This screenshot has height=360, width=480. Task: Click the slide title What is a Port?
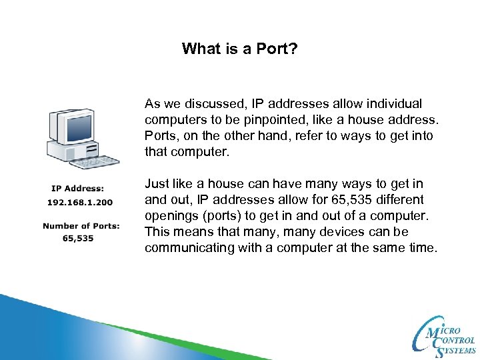coord(239,49)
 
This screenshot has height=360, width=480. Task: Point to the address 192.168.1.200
coord(79,201)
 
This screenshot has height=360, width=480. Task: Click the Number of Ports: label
coord(81,226)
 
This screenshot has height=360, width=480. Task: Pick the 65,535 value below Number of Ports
coord(78,238)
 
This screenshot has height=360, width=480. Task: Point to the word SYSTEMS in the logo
coord(458,350)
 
